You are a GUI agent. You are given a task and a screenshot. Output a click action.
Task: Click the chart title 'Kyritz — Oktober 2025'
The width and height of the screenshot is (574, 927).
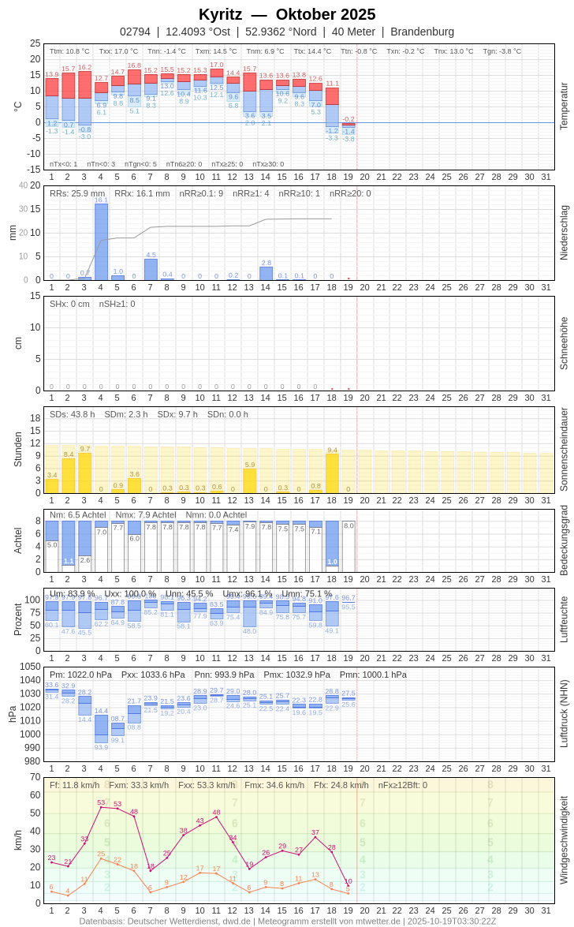click(x=287, y=14)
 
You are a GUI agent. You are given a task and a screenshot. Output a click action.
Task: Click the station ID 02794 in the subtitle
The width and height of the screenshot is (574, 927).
click(x=135, y=32)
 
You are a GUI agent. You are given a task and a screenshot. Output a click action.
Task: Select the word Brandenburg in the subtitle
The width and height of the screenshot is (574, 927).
click(x=422, y=32)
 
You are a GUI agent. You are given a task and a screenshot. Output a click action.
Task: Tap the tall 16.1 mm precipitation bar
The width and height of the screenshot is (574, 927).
click(x=101, y=241)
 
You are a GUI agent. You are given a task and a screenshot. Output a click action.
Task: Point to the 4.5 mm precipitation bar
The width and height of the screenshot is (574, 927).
click(x=151, y=269)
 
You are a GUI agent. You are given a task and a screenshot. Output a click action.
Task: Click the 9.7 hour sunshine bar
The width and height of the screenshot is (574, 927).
click(x=84, y=473)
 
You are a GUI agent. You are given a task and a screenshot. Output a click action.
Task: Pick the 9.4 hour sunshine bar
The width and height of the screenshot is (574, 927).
click(x=332, y=473)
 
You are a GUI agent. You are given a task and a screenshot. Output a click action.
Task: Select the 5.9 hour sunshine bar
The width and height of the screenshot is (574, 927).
click(x=250, y=480)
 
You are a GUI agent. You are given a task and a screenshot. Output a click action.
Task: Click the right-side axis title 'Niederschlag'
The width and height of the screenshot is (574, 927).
click(x=564, y=233)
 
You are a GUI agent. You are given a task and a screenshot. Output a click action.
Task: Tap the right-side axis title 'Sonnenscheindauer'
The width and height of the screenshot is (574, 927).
click(x=564, y=450)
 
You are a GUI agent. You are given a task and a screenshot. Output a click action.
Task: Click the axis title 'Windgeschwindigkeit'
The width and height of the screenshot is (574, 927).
click(x=564, y=839)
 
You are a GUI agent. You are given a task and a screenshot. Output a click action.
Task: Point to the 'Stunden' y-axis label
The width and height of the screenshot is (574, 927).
click(x=17, y=449)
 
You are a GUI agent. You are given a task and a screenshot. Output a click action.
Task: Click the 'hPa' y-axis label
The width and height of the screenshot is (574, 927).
click(x=12, y=714)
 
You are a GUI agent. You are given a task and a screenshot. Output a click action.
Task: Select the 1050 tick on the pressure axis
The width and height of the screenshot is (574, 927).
click(x=30, y=667)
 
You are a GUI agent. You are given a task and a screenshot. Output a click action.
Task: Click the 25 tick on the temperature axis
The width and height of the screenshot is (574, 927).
click(x=35, y=43)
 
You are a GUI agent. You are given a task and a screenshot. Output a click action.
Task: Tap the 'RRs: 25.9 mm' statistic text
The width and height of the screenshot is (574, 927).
click(x=77, y=193)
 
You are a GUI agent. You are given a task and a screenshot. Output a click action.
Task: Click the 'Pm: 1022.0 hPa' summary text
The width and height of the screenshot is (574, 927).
click(x=80, y=675)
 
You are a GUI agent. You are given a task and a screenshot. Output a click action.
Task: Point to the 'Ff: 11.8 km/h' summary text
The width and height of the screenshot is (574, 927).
click(x=74, y=785)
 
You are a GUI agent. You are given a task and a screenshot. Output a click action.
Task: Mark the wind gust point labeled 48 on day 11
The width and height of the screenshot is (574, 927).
click(x=217, y=817)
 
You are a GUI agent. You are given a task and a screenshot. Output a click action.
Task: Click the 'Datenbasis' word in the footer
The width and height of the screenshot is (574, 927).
click(x=102, y=921)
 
